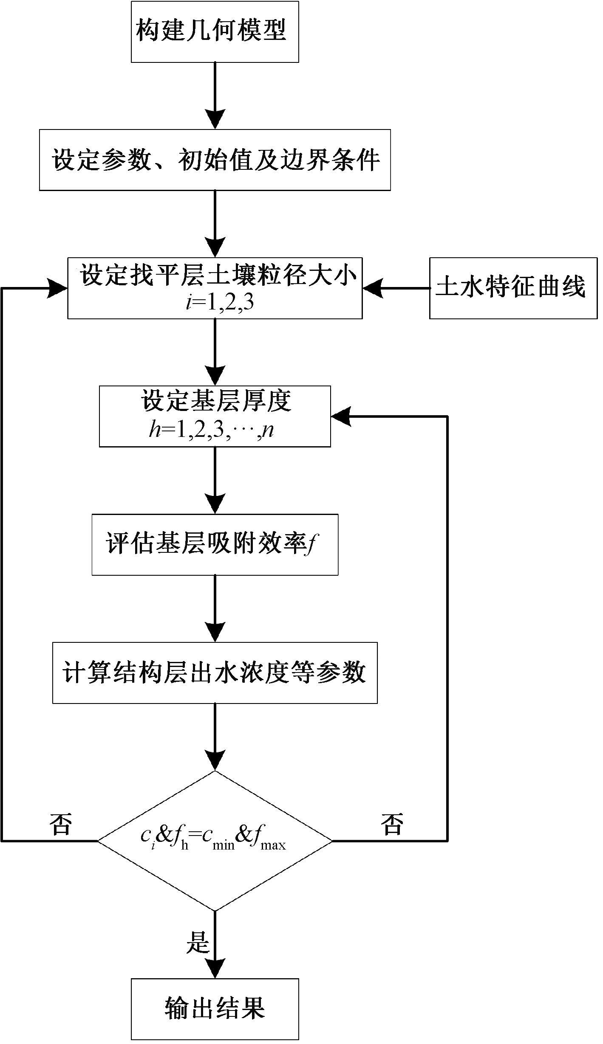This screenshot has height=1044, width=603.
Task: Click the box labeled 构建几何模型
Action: click(215, 32)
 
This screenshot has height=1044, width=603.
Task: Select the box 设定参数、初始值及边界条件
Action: click(215, 160)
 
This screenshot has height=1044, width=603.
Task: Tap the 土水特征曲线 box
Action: click(513, 288)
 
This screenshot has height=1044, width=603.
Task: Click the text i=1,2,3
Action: click(220, 304)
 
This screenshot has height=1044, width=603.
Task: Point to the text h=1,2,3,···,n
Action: click(211, 431)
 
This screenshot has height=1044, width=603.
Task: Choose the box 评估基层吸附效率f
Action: click(215, 544)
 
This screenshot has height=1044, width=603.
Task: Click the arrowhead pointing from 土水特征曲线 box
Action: click(372, 288)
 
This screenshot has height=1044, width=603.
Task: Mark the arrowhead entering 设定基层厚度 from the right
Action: click(340, 416)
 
